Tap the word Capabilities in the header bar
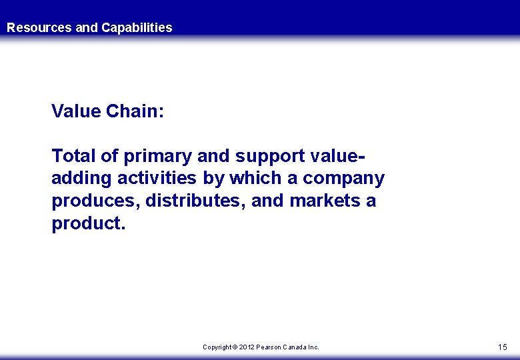137,27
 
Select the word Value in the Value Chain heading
76,111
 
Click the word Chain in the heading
135,111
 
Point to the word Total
72,156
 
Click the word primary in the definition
158,156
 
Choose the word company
344,179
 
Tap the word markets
325,201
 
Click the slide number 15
502,347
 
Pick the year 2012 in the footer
247,347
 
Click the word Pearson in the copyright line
269,347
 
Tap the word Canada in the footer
296,347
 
